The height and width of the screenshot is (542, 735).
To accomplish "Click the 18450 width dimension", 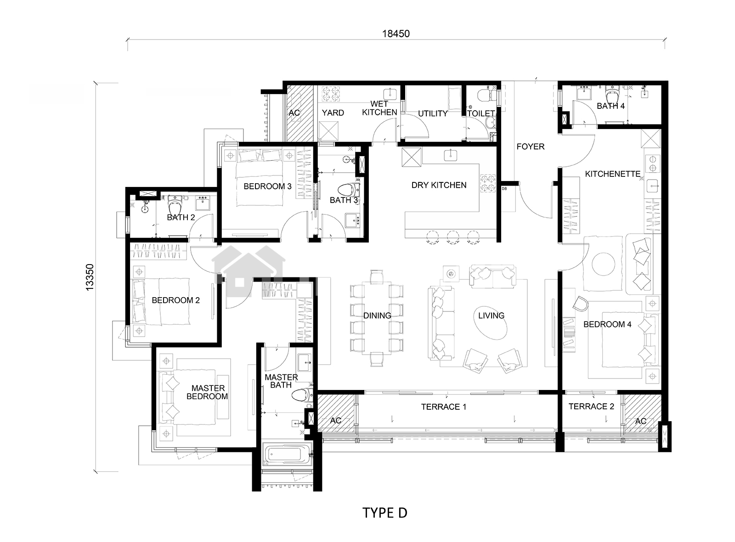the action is tap(396, 34).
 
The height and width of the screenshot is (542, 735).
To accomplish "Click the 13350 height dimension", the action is tap(90, 277).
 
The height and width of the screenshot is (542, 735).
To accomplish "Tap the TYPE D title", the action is tap(384, 513).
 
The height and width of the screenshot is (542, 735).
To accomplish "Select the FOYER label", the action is tap(530, 147).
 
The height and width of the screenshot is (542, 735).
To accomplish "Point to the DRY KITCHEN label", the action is tap(439, 185).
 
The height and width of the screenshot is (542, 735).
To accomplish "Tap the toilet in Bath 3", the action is tap(349, 190).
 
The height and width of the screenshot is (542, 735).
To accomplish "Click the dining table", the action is tap(377, 317).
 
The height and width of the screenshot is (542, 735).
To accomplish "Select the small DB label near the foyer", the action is tap(504, 189).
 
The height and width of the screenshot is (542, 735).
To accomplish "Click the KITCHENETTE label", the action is tap(612, 174).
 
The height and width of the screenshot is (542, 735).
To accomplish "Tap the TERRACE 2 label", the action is tap(591, 406).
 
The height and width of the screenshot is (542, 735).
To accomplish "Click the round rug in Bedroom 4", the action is tap(604, 264).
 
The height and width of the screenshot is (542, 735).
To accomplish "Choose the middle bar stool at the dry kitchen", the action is tap(453, 237).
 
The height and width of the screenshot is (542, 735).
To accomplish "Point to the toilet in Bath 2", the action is tap(175, 205).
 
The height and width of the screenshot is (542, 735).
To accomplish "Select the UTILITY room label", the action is tap(433, 113).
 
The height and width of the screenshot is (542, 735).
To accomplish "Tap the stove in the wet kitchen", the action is tap(329, 94).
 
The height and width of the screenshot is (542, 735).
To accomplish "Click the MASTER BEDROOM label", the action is tap(207, 392).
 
